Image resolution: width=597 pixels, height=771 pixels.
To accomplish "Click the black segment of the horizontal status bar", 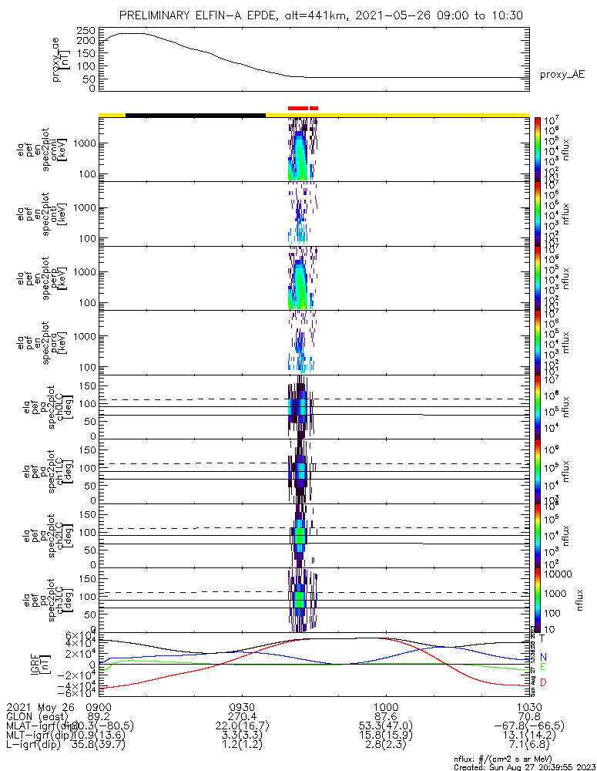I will pos(195,115).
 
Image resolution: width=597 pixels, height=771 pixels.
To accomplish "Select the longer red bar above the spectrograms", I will pos(298,108).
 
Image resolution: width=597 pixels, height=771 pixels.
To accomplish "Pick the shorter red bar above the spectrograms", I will pos(314,108).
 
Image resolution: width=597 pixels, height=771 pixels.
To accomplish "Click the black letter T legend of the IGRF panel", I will pos(542,638).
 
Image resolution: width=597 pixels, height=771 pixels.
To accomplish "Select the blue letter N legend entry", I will pos(542,656).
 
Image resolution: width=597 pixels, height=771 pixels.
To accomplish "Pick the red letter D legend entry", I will pos(542,682).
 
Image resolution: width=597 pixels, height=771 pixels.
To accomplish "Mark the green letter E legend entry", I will pos(542,667).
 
